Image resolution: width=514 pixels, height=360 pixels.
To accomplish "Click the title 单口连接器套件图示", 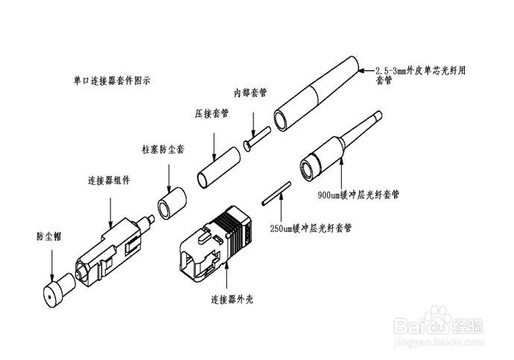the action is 112,78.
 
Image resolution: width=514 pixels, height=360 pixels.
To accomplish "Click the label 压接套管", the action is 212,114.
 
